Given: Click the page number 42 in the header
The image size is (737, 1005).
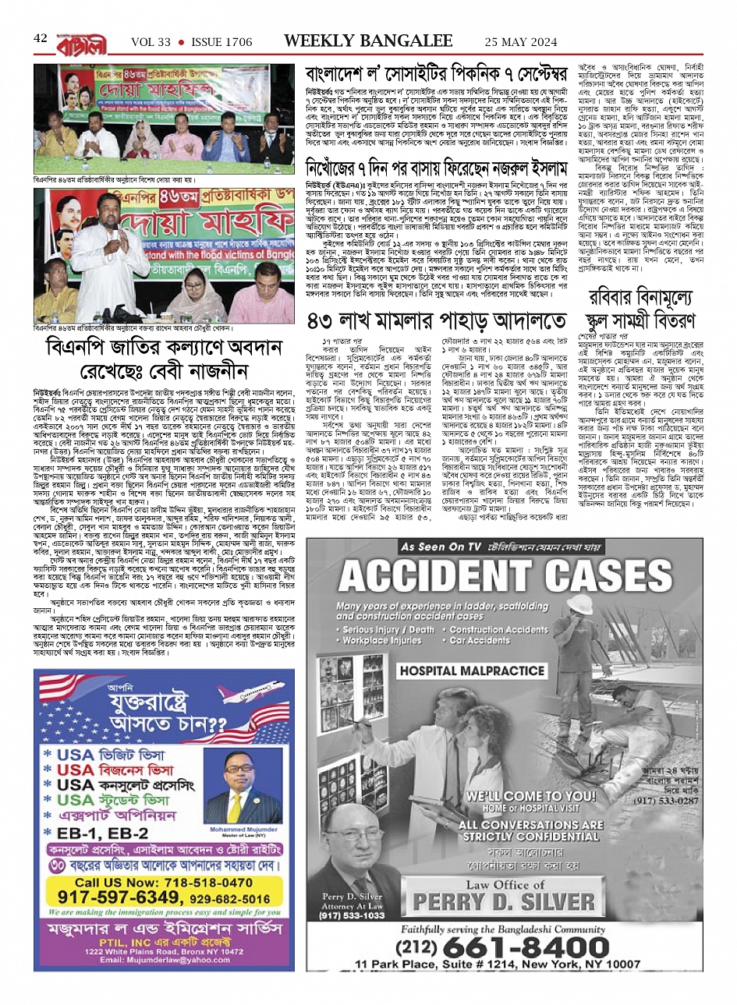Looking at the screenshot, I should [x=41, y=37].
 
